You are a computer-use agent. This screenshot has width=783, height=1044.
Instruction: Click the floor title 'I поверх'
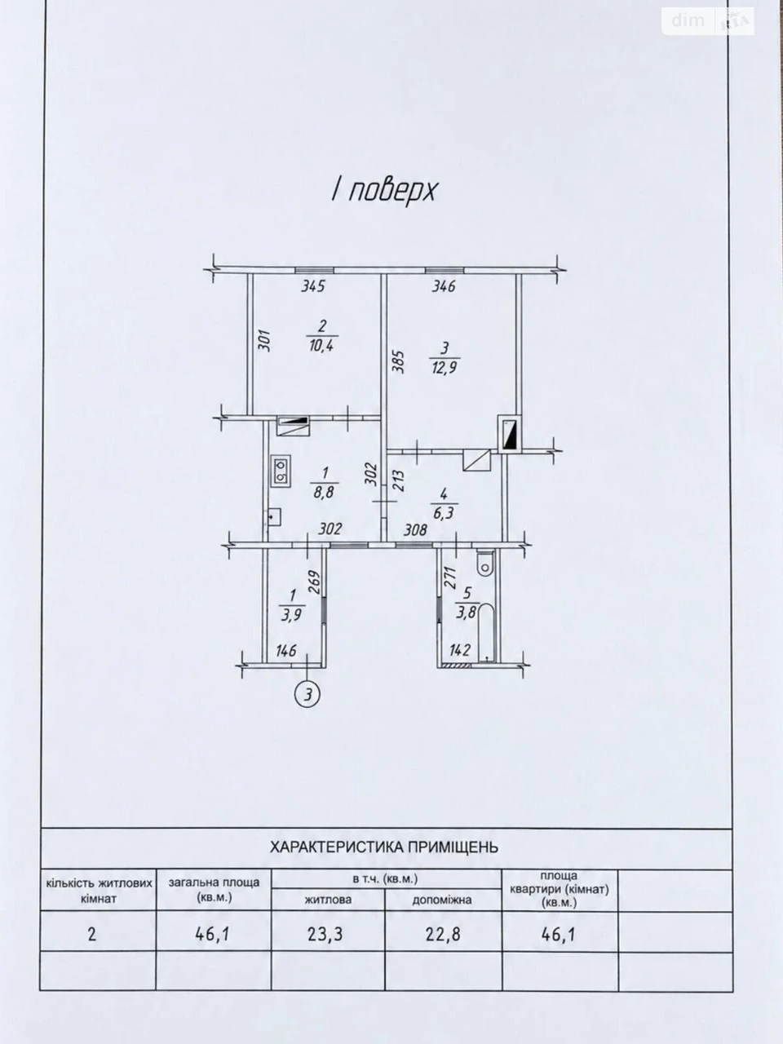pyautogui.click(x=383, y=191)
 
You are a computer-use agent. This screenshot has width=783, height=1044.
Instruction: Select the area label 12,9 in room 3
pyautogui.click(x=445, y=368)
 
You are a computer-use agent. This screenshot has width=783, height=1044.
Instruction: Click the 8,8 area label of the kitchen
pyautogui.click(x=324, y=491)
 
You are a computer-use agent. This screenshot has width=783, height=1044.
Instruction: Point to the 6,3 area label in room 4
pyautogui.click(x=444, y=514)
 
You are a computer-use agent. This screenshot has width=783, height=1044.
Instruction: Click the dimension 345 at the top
pyautogui.click(x=313, y=287)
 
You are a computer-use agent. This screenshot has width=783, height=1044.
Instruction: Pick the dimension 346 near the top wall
pyautogui.click(x=444, y=286)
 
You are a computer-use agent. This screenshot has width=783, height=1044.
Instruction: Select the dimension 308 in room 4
pyautogui.click(x=416, y=529)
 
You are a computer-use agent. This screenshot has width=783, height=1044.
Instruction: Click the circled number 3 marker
pyautogui.click(x=307, y=695)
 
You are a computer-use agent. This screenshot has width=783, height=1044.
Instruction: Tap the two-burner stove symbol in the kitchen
pyautogui.click(x=281, y=471)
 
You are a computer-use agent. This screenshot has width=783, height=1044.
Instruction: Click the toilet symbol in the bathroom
pyautogui.click(x=485, y=564)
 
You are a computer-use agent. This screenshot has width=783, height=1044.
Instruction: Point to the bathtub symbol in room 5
pyautogui.click(x=486, y=633)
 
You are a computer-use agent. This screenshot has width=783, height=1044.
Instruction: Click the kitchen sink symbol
pyautogui.click(x=273, y=516)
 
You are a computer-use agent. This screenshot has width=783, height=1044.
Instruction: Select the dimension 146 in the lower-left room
pyautogui.click(x=286, y=650)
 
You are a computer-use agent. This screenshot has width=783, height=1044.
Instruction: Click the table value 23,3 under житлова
pyautogui.click(x=325, y=935)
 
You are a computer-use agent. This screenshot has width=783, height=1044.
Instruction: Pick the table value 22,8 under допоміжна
pyautogui.click(x=443, y=935)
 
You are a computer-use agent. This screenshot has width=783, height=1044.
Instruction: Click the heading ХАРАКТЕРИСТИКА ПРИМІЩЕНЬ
pyautogui.click(x=384, y=847)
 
